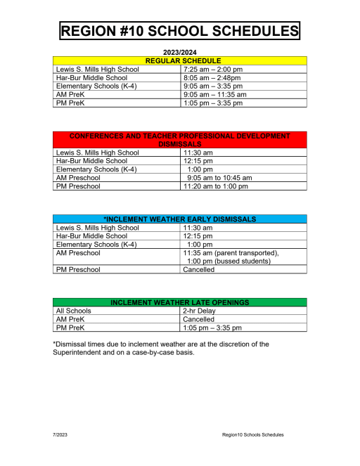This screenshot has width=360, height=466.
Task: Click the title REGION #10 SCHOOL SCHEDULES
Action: [180, 31]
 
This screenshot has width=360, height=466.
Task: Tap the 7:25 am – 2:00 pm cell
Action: [212, 70]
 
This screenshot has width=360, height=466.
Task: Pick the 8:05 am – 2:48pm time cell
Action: [212, 78]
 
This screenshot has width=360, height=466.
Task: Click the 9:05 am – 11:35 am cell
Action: [214, 94]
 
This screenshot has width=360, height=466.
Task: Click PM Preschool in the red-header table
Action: [78, 186]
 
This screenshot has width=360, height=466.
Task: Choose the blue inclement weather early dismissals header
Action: [180, 219]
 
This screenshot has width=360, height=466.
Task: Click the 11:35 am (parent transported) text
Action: [231, 252]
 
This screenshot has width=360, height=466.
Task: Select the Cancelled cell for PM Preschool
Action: [199, 269]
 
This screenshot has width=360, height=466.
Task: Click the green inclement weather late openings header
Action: [180, 302]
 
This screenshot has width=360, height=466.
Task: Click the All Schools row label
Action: [74, 311]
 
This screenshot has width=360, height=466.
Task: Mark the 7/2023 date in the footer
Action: [61, 435]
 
